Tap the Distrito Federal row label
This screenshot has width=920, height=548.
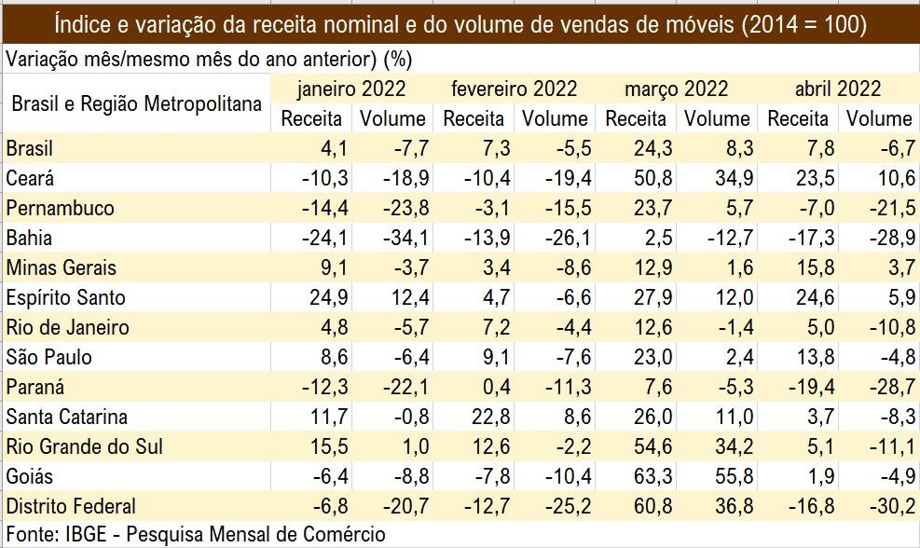click(x=71, y=507)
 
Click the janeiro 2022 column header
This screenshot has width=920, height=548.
click(x=351, y=89)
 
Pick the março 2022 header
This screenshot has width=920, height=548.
click(x=676, y=89)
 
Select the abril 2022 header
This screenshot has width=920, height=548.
click(x=837, y=89)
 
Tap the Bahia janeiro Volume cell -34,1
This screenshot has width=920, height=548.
click(x=401, y=239)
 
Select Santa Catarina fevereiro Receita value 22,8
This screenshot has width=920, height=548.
click(x=485, y=418)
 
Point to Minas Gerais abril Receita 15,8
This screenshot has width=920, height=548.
click(x=808, y=268)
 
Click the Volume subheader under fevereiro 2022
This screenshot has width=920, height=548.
click(x=555, y=119)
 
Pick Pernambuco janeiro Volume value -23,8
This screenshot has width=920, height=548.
click(x=401, y=209)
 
